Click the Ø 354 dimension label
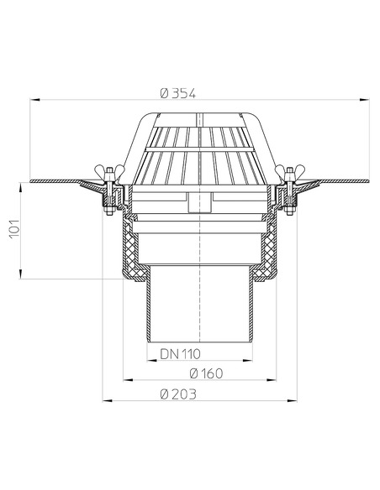pos(177,94)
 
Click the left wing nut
pos(109,175)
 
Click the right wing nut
pos(289,175)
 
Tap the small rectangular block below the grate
pos(199,202)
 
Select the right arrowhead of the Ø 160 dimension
pos(273,380)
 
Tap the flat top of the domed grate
pos(199,115)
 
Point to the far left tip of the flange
pos(30,182)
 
